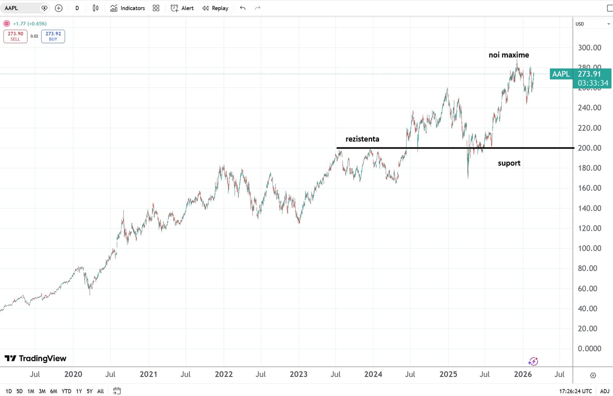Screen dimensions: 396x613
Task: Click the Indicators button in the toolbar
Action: [x=128, y=8]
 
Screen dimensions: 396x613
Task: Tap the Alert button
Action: [x=182, y=8]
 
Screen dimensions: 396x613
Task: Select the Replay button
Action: [x=215, y=8]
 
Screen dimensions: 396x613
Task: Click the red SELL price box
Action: [x=15, y=36]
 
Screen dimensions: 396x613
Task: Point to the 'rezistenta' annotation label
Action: [x=362, y=139]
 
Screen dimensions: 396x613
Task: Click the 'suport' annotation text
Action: [x=509, y=163]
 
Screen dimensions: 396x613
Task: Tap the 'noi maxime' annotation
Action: [x=509, y=55]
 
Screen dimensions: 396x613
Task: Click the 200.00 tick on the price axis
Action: [x=590, y=148]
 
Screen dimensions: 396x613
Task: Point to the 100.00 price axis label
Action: [x=590, y=248]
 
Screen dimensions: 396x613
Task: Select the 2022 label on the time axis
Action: [x=223, y=374]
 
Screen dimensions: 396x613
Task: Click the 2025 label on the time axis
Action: [x=448, y=374]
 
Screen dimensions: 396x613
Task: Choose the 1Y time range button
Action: [x=79, y=391]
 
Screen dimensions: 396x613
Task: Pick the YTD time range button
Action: [x=66, y=391]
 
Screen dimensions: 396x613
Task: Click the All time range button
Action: [x=100, y=391]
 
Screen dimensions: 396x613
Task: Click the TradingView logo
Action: [x=36, y=359]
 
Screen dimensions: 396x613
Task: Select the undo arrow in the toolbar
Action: [x=243, y=8]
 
